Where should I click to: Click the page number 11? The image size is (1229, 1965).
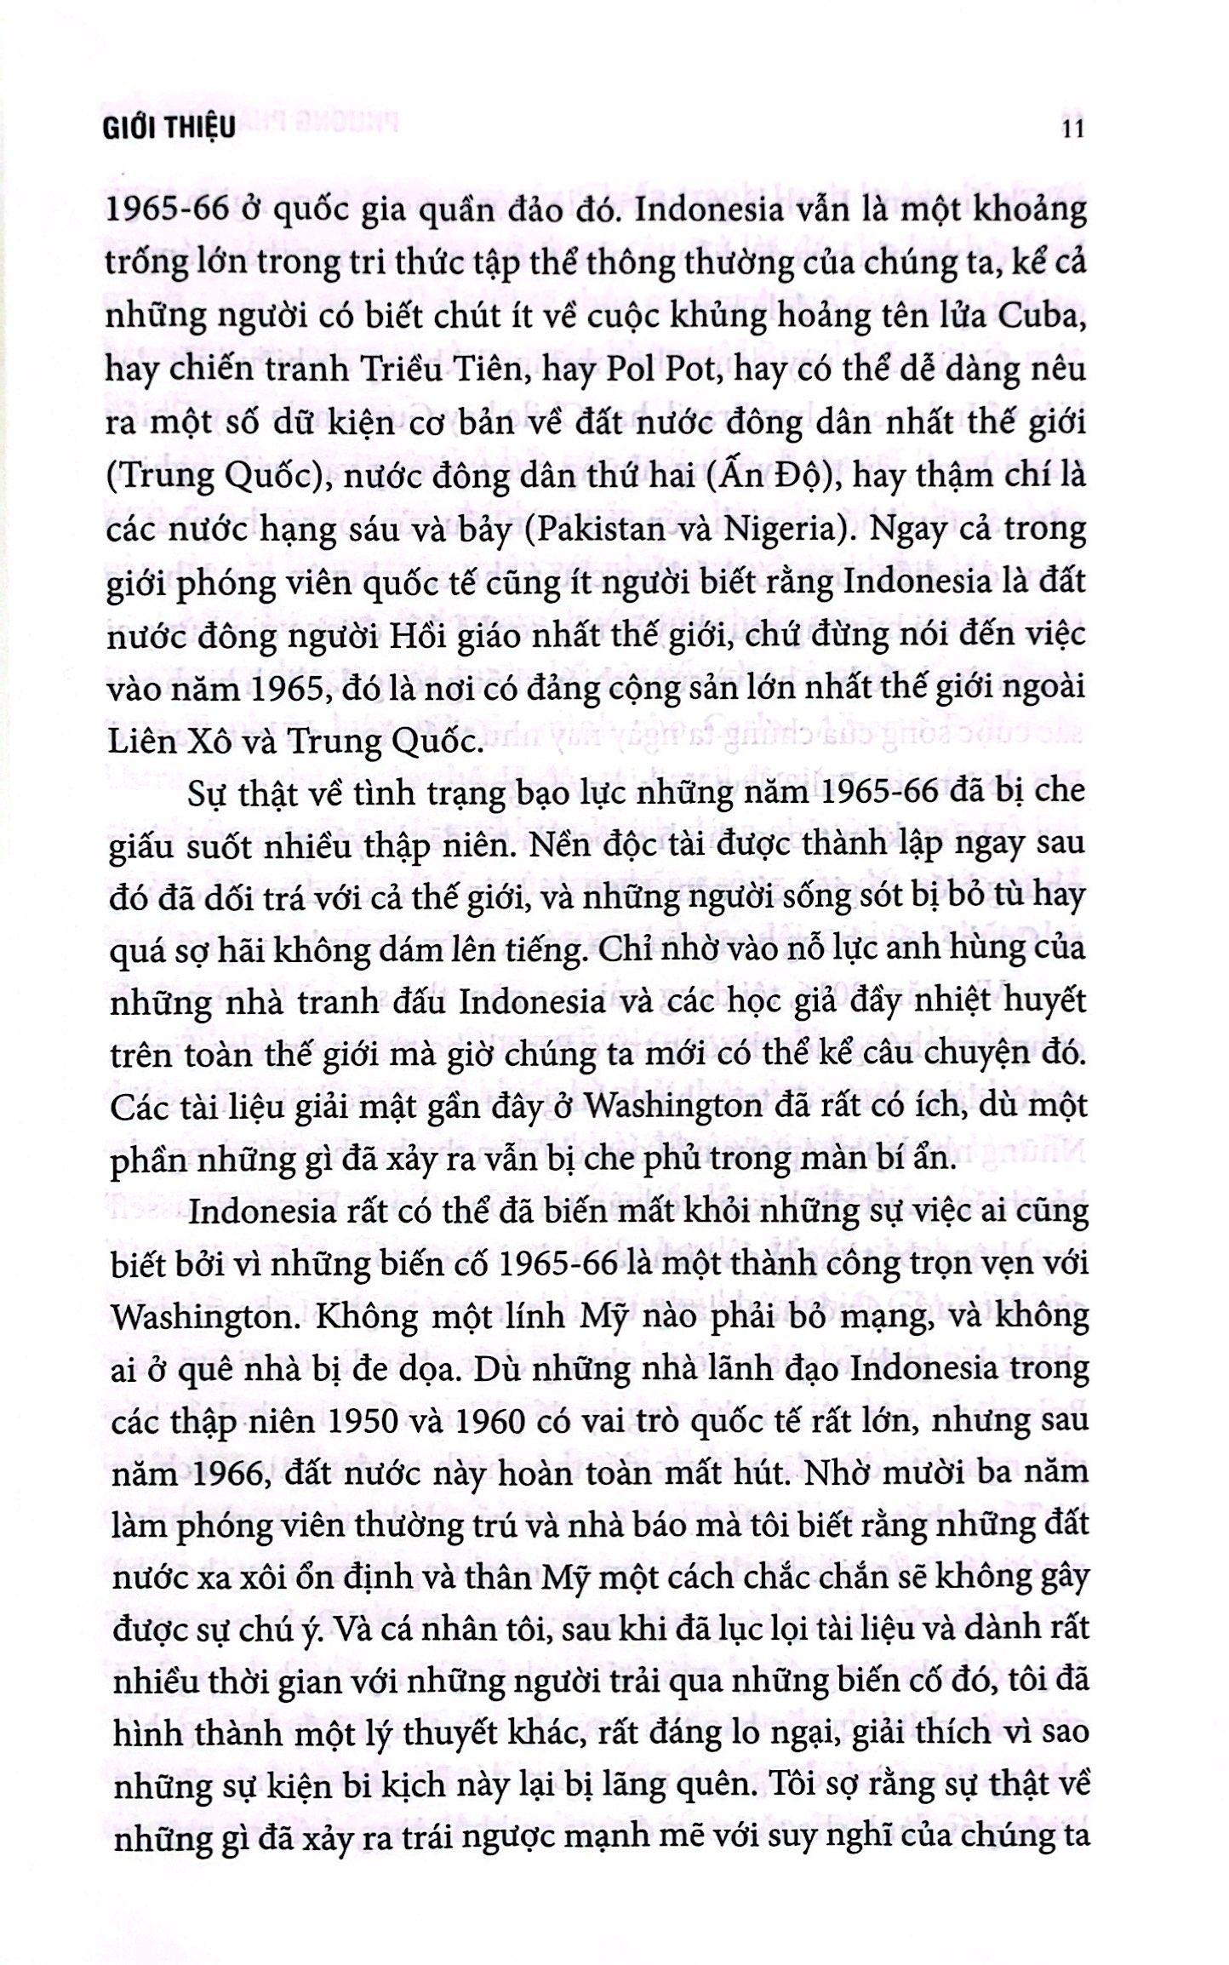pos(1071,129)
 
